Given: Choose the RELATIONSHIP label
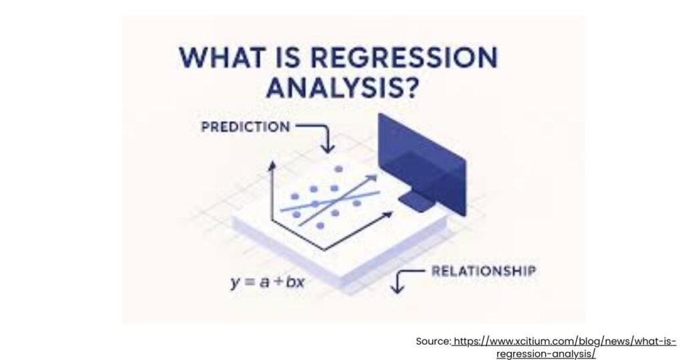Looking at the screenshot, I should pos(484,272).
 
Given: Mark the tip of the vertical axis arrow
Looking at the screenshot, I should pos(272,165).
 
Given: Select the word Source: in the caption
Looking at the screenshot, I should pos(433,341).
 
